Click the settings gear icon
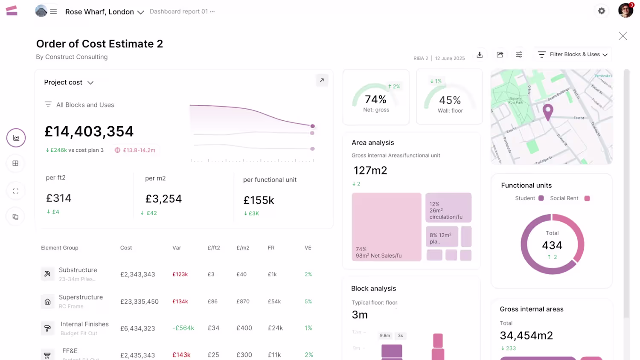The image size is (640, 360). coord(602,11)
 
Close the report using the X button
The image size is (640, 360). coord(623,36)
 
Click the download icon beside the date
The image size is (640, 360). coord(480,55)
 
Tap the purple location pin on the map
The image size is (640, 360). coord(547,112)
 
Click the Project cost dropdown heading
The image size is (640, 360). coord(69,82)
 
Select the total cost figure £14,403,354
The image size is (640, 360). coord(89,131)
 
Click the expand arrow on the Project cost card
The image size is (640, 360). coord(322,80)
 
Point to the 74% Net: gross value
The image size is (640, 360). coord(375,99)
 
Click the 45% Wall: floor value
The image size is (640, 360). coord(450,100)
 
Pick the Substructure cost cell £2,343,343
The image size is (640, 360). coord(137,274)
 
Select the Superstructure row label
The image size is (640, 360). coord(81,297)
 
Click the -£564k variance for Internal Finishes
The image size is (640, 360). coord(183,328)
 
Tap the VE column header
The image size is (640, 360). coord(308,248)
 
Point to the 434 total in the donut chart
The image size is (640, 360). coord(552,245)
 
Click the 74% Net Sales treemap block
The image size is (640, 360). coord(386,226)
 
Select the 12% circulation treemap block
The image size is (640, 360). coord(448,208)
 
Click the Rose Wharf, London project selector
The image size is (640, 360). coord(104,12)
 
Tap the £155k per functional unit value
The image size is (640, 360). coord(259,200)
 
